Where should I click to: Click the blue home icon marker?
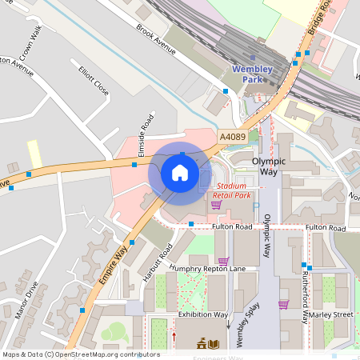[180, 173]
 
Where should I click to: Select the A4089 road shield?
[233, 138]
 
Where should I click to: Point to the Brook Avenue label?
[155, 39]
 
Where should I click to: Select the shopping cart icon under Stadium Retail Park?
[216, 205]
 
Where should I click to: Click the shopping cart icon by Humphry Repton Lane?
[223, 261]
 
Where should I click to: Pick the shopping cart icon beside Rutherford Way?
[283, 304]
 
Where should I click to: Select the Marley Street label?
[331, 314]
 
